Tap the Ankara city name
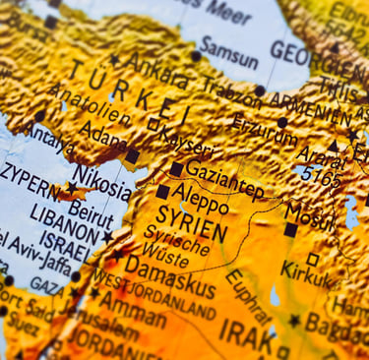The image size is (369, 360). coord(158,71)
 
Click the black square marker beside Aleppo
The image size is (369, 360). coord(163,192)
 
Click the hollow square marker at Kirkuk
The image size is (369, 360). coord(313,260)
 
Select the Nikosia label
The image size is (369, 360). coord(102,181)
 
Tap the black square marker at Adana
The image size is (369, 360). coord(132,155)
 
